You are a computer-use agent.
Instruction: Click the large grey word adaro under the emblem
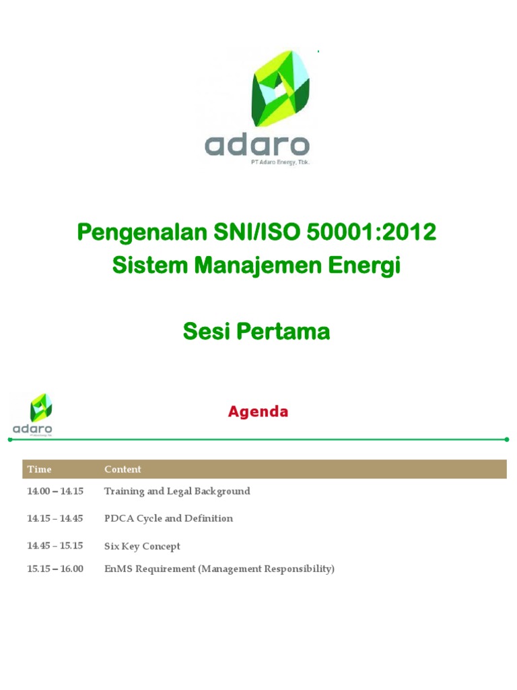(x=256, y=145)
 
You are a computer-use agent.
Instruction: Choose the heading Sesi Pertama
(x=256, y=332)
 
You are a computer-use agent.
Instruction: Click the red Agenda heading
(x=258, y=412)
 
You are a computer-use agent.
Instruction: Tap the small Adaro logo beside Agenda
(x=33, y=414)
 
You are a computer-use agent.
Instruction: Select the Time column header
(x=39, y=470)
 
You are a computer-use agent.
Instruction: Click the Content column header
(x=123, y=470)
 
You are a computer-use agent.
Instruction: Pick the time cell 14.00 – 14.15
(x=55, y=491)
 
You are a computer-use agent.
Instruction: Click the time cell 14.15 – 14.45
(x=55, y=518)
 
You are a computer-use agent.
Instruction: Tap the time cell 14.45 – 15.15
(x=55, y=546)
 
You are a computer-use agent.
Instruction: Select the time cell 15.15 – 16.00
(x=55, y=569)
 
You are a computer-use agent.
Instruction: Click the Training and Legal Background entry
(x=177, y=491)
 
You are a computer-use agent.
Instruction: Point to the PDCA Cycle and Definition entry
(x=168, y=518)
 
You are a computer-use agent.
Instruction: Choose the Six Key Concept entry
(x=142, y=546)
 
